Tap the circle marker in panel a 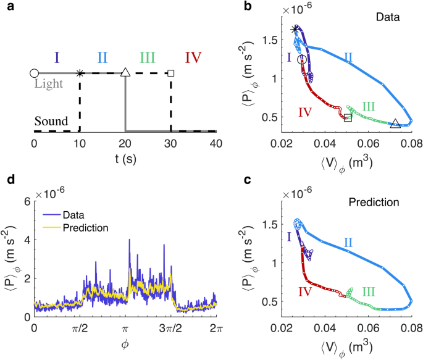click(x=34, y=73)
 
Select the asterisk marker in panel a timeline click(x=80, y=73)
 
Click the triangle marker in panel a click(x=125, y=72)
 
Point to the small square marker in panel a click(x=171, y=73)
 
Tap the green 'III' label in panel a click(x=147, y=58)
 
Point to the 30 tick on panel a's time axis click(x=171, y=142)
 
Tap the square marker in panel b click(x=348, y=117)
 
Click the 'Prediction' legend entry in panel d click(x=86, y=227)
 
